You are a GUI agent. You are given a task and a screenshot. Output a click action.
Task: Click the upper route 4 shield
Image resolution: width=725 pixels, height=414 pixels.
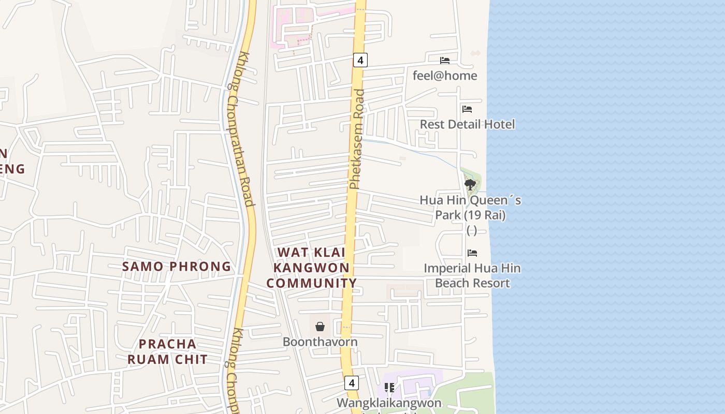tap(360, 60)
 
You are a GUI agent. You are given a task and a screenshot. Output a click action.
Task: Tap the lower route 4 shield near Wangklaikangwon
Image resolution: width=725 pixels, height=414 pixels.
tap(352, 383)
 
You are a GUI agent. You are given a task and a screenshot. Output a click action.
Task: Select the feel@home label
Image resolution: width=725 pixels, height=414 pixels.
tap(445, 76)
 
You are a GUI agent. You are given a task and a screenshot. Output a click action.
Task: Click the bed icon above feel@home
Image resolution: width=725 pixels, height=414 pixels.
tap(445, 61)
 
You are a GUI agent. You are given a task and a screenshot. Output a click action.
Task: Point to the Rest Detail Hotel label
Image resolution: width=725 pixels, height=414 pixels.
tap(467, 124)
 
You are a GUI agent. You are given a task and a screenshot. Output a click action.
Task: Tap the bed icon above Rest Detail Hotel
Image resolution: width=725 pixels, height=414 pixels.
tap(467, 109)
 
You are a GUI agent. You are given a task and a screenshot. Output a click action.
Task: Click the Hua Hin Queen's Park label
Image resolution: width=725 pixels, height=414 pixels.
tap(470, 208)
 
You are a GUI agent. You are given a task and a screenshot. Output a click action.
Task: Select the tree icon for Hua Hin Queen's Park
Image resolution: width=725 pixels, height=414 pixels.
tap(470, 184)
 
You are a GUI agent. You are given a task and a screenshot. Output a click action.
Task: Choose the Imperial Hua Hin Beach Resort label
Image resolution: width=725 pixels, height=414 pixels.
tap(472, 276)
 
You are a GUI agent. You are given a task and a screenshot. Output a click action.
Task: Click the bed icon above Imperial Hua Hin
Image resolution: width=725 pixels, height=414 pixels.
tap(472, 253)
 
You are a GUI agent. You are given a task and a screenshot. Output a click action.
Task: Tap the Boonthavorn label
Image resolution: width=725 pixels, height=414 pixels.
tap(320, 342)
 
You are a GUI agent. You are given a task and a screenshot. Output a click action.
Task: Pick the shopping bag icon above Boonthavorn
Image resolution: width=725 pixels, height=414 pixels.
tap(320, 327)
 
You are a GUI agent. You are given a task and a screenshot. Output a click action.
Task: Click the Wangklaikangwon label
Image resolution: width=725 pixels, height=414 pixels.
tap(389, 403)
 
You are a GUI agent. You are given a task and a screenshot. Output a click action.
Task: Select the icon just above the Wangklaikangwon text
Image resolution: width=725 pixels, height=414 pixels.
tap(389, 388)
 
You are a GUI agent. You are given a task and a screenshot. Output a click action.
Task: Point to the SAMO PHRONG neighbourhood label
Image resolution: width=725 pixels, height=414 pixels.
tap(177, 267)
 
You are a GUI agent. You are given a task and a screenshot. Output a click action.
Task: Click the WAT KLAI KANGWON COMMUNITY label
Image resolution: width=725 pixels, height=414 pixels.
tap(312, 268)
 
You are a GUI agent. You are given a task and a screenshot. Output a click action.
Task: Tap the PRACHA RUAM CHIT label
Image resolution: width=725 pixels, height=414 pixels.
tap(167, 352)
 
